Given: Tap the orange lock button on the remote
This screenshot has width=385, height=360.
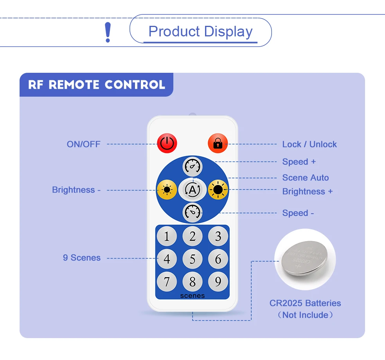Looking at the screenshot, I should pos(218,144).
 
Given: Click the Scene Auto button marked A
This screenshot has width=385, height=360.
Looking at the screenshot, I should pos(192,190).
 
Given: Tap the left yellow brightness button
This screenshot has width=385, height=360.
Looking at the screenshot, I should pos(167,190).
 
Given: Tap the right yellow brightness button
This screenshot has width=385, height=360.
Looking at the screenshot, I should pos(218,190).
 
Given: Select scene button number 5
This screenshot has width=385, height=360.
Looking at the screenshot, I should pos(192,259).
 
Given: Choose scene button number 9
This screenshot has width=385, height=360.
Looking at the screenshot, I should pos(218,281).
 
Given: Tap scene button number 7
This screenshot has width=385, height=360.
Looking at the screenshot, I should pos(167,281).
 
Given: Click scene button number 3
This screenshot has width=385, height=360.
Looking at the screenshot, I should pos(218,236).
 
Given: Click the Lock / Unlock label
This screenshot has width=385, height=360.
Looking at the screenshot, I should pos(309,144).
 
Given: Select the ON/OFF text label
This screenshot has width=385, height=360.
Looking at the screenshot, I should pos(83,144).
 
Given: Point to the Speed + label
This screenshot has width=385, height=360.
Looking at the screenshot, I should pos(299,162).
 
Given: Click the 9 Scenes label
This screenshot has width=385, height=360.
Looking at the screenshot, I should pos(82,258).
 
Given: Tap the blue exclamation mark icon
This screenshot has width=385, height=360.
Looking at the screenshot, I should pos(108,32).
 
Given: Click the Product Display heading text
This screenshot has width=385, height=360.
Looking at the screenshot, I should pos(201,32).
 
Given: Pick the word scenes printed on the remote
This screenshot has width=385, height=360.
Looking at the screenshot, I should pos(192,296).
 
